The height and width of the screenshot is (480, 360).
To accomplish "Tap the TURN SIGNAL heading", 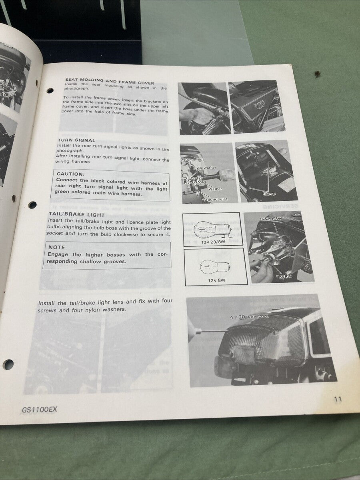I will [x=76, y=140].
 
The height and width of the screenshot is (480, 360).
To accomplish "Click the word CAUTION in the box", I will [x=70, y=174].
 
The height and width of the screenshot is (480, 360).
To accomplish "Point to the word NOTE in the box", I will [x=57, y=248].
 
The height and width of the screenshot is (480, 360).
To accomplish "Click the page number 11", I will [x=338, y=399].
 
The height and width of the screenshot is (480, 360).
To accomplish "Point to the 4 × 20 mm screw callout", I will [x=249, y=316].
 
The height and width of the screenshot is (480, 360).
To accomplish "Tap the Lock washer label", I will [x=205, y=168].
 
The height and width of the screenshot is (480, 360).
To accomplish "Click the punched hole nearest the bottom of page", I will [x=8, y=364].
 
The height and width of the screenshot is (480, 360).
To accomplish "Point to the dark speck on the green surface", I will [x=318, y=74].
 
